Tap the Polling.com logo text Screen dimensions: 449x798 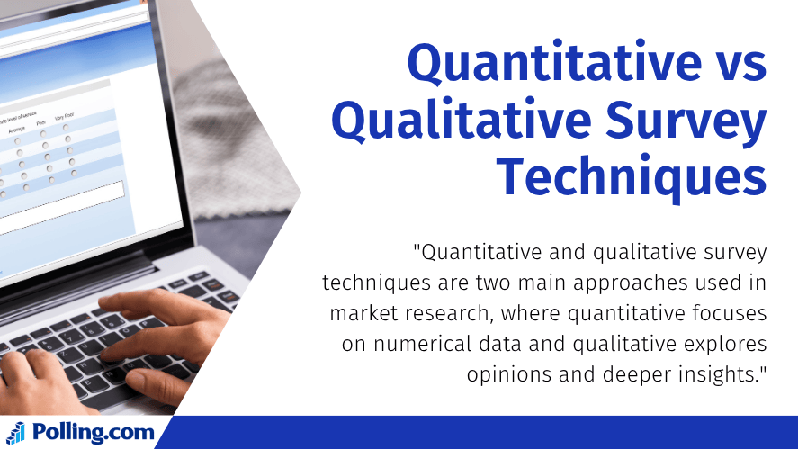click(x=93, y=432)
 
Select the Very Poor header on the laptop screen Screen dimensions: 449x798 click(x=65, y=117)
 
